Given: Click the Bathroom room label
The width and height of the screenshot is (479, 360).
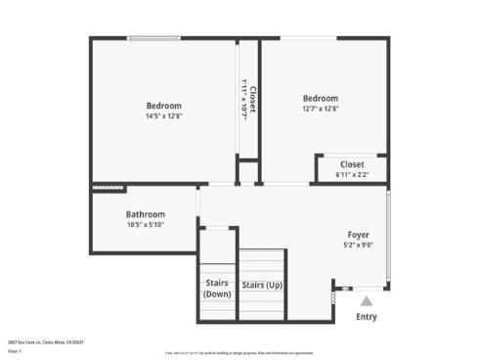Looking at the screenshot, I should [x=145, y=214].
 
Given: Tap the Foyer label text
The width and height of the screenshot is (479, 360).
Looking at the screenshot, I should [x=359, y=235].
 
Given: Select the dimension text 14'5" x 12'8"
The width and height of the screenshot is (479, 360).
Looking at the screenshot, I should [x=163, y=116].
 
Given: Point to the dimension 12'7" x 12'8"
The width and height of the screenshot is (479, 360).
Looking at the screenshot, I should [x=321, y=110].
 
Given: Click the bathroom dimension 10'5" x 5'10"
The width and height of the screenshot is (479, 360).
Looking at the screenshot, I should [x=145, y=225].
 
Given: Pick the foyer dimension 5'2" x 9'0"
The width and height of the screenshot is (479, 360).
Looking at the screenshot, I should [x=359, y=246].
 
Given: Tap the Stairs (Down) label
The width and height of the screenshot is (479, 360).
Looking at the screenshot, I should [x=217, y=289].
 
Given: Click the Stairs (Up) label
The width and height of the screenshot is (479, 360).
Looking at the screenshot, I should [x=262, y=286].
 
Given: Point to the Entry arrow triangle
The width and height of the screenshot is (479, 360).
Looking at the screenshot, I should [x=366, y=302].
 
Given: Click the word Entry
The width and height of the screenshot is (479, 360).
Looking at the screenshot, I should [x=366, y=316].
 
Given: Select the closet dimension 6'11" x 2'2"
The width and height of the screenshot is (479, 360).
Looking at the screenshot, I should [x=352, y=175].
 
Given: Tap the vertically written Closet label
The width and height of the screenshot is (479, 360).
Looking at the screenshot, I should [x=253, y=101].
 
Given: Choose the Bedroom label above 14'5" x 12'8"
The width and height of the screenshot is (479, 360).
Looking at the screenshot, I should [x=163, y=106].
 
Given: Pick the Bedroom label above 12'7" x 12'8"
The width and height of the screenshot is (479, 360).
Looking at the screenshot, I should [x=321, y=99].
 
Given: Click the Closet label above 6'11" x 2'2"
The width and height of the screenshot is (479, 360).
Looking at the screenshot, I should [x=352, y=164].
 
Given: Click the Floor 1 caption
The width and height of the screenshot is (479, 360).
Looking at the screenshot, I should [x=15, y=350].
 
